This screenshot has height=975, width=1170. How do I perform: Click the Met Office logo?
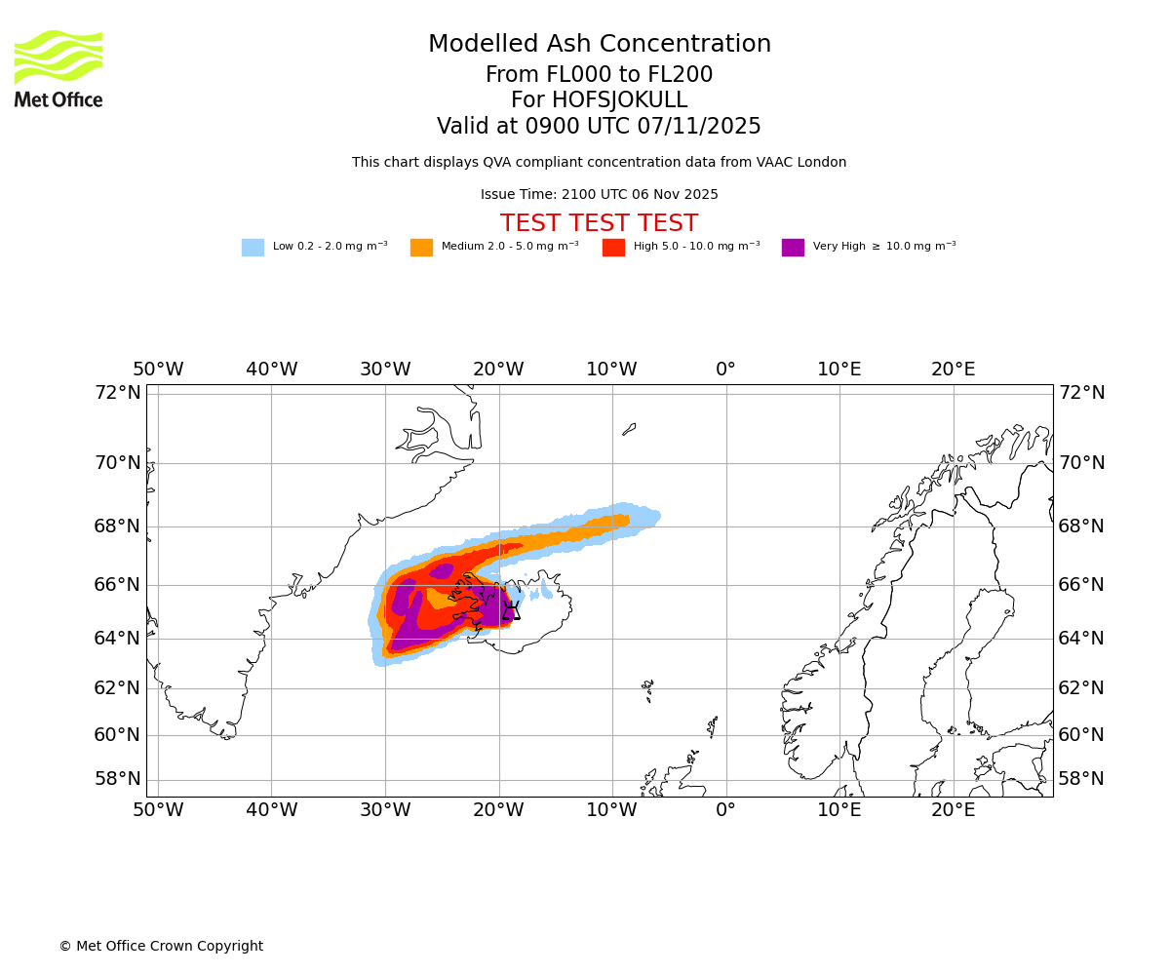(58, 68)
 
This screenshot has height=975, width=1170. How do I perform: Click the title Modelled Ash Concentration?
(599, 45)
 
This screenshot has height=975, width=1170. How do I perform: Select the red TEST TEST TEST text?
(599, 223)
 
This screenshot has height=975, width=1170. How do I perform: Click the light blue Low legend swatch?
(253, 248)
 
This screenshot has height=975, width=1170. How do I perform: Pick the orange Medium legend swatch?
(421, 248)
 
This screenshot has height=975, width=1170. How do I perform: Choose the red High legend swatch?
(613, 248)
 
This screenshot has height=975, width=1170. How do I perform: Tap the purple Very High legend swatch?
(793, 248)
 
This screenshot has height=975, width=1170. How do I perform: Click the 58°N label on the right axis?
(1081, 778)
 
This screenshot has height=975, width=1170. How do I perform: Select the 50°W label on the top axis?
(158, 370)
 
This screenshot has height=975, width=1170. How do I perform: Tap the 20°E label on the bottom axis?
(953, 810)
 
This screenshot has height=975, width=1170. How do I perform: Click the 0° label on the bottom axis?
(725, 810)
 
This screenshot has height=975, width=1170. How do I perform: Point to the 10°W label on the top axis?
(611, 370)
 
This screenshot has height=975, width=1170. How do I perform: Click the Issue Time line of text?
(599, 195)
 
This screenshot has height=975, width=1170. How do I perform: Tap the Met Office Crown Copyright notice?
(161, 946)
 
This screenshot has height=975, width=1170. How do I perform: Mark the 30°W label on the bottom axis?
(385, 810)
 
